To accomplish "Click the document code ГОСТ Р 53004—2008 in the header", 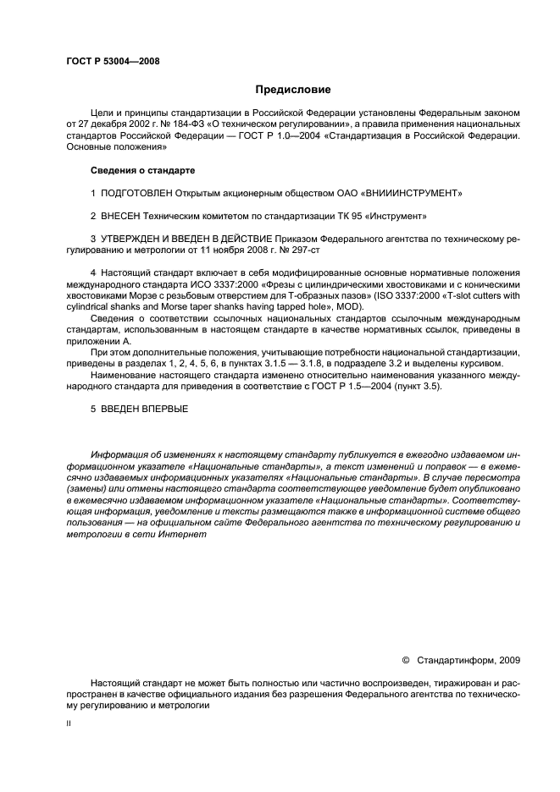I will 112,61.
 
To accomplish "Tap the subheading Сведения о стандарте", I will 141,170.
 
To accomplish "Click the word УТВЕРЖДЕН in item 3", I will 139,240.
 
